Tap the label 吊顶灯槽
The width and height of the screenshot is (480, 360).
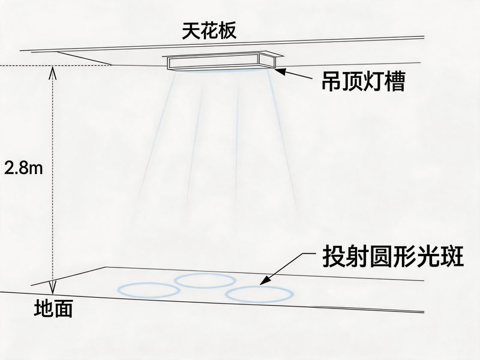364,81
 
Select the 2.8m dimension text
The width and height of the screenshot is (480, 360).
23,168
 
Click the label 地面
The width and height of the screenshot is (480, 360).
53,308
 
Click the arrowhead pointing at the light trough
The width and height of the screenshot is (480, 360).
280,71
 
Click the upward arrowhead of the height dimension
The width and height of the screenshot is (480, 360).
53,72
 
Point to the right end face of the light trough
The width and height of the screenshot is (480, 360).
267,61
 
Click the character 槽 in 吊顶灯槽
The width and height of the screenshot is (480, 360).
395,81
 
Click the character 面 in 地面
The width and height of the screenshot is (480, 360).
63,308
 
